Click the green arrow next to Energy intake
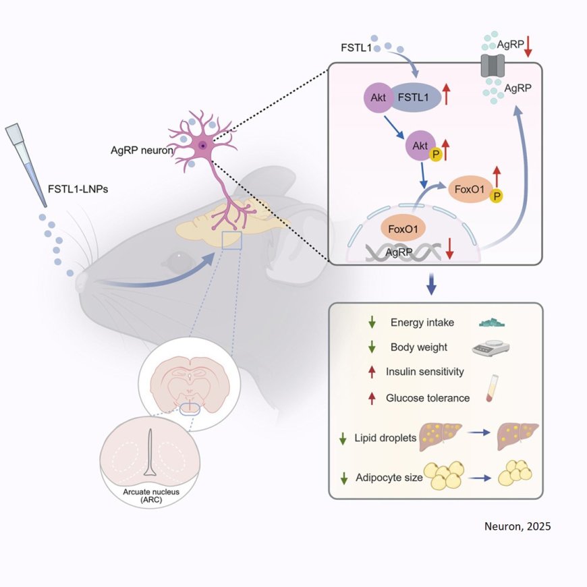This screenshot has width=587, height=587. click(x=371, y=323)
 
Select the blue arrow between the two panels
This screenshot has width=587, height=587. click(x=432, y=283)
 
